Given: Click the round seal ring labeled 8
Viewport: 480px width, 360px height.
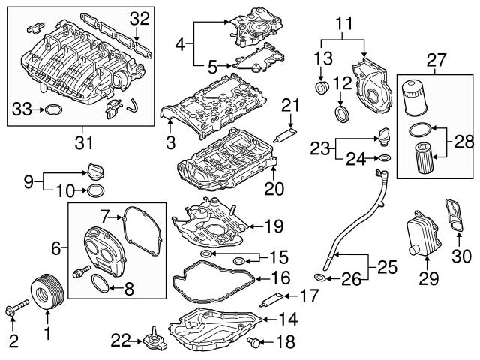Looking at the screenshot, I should click(x=99, y=283).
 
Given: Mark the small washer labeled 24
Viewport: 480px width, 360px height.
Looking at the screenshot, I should click(x=383, y=158).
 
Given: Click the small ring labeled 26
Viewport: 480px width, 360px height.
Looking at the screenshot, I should click(x=319, y=278).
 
